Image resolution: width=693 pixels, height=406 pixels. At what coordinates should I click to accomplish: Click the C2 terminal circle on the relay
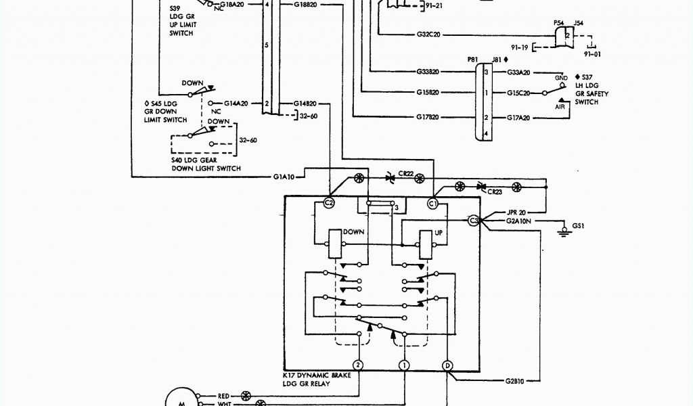coord(330,202)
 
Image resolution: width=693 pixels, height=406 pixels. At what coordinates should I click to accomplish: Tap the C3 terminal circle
coord(474,221)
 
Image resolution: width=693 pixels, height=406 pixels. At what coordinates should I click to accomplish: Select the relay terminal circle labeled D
coord(447,365)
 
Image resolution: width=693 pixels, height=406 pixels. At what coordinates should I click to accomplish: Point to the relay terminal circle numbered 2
coord(359,365)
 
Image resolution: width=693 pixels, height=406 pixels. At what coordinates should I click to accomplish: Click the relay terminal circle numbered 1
coord(404,365)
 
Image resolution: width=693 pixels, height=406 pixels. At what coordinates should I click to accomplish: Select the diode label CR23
coord(495,192)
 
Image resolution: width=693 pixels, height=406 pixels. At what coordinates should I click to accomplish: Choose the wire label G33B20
coord(428,72)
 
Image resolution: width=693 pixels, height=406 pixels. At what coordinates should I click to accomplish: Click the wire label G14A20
coord(236,104)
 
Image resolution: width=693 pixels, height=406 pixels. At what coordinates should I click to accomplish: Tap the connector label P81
coord(472,60)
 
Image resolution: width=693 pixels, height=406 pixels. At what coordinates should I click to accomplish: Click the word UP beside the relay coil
coord(439,231)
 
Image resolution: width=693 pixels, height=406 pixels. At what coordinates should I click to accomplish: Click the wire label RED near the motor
coord(224,394)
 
